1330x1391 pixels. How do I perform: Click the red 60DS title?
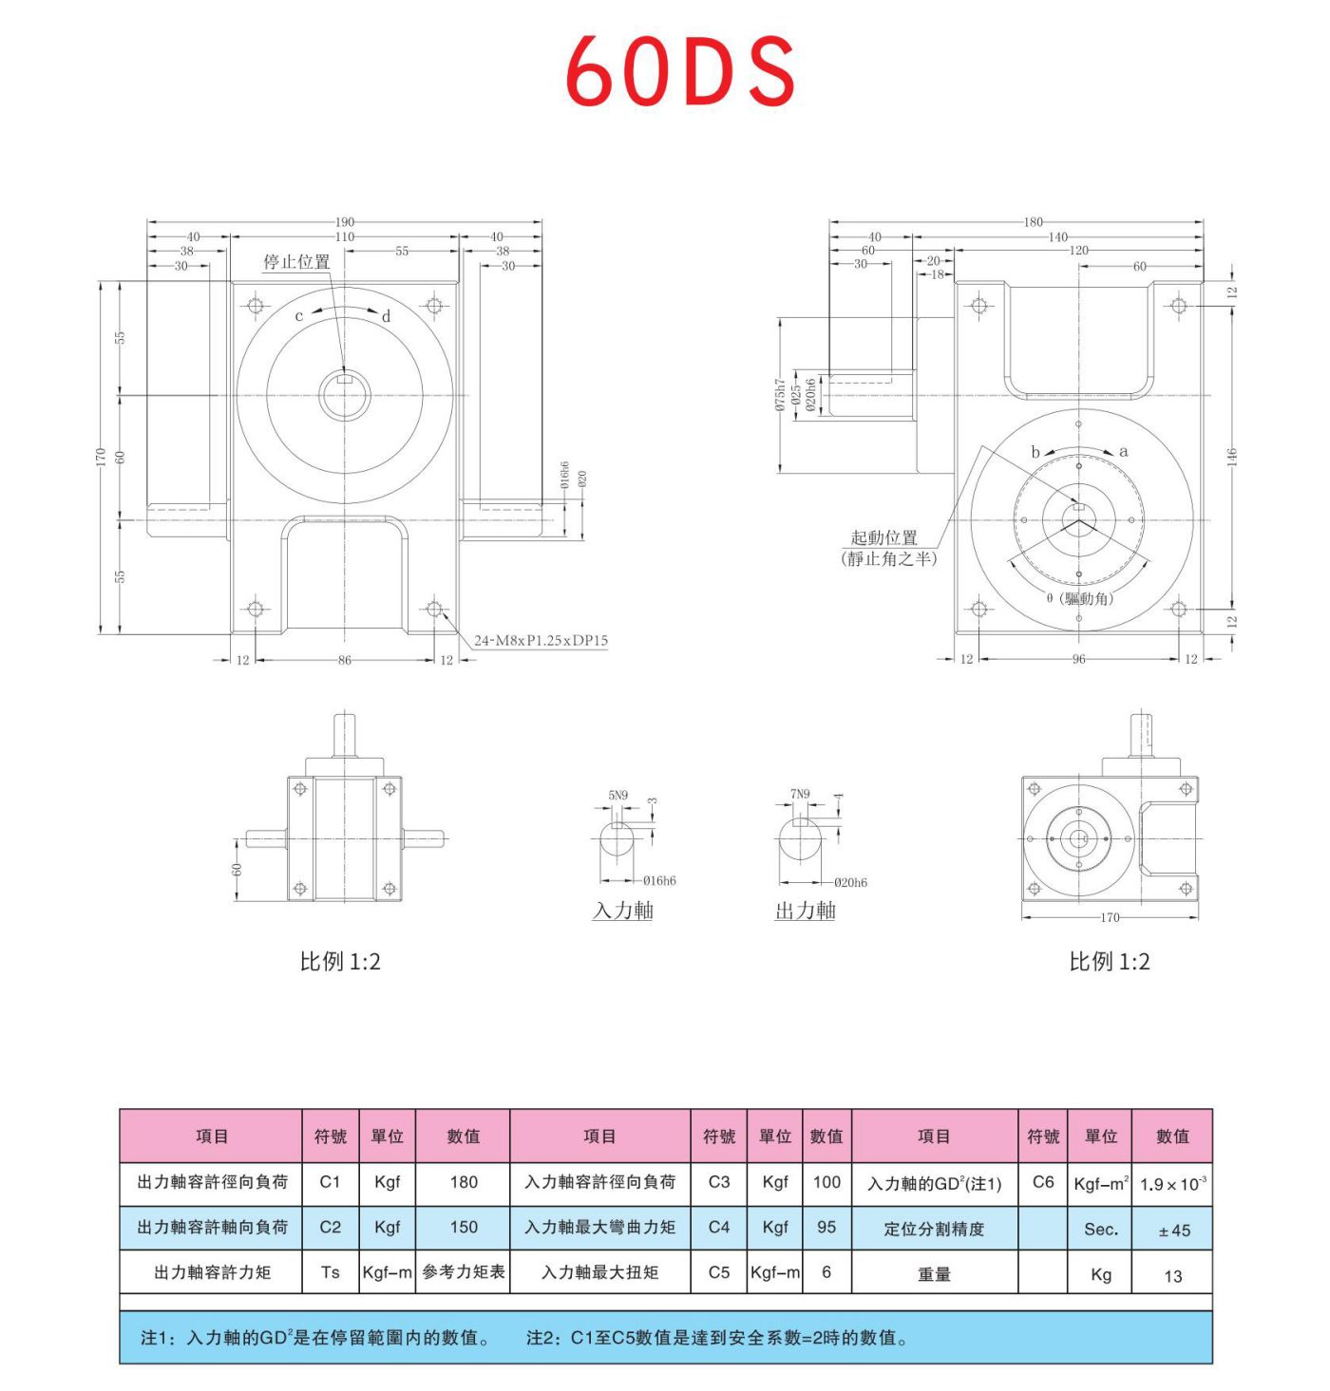pyautogui.click(x=679, y=72)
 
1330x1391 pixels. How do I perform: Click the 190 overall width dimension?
pyautogui.click(x=344, y=222)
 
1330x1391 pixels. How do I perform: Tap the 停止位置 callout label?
pyautogui.click(x=296, y=262)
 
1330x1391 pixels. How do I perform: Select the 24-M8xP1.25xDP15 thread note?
pyautogui.click(x=541, y=641)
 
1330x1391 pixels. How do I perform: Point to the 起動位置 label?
pyautogui.click(x=883, y=537)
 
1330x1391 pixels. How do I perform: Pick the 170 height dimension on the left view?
pyautogui.click(x=101, y=458)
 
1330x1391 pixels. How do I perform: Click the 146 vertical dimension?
pyautogui.click(x=1232, y=457)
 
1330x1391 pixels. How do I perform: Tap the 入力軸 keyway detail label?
pyautogui.click(x=623, y=911)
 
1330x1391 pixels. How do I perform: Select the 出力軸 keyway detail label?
pyautogui.click(x=805, y=911)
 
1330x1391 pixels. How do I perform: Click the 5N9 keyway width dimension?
pyautogui.click(x=618, y=795)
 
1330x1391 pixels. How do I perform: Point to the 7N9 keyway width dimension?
pyautogui.click(x=800, y=794)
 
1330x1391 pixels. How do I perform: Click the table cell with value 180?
pyautogui.click(x=464, y=1182)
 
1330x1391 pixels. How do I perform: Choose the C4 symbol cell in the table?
pyautogui.click(x=719, y=1228)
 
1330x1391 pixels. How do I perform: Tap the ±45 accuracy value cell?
pyautogui.click(x=1173, y=1231)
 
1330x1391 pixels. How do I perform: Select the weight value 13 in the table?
pyautogui.click(x=1173, y=1276)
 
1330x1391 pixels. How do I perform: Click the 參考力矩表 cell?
pyautogui.click(x=464, y=1272)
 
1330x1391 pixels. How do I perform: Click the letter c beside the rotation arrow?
pyautogui.click(x=299, y=316)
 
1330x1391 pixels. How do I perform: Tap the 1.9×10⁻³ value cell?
pyautogui.click(x=1173, y=1184)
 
